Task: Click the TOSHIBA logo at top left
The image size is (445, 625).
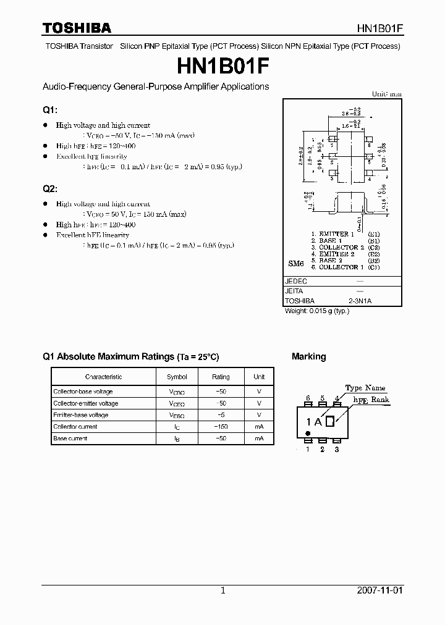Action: pos(77,28)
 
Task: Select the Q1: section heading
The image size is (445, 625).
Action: pos(49,110)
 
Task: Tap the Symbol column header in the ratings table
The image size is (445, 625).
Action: pos(177,377)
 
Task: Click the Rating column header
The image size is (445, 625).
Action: pos(221,377)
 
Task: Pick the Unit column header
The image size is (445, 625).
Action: pos(259,377)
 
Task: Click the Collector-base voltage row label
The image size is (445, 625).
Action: pos(83,392)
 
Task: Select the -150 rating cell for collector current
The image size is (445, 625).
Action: pos(221,427)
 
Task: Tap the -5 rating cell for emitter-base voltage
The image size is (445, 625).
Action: pos(221,415)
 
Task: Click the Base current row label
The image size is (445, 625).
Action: pos(70,438)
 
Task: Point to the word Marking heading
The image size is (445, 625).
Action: pos(308,357)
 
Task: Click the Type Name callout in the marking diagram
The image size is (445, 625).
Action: pos(365,388)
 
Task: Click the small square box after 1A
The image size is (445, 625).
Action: pos(330,422)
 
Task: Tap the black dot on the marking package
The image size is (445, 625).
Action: pos(308,434)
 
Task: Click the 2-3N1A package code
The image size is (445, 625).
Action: pos(360,301)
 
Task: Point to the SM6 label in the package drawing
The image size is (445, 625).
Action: pos(296,264)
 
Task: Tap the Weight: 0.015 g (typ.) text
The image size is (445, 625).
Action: pos(317,311)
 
